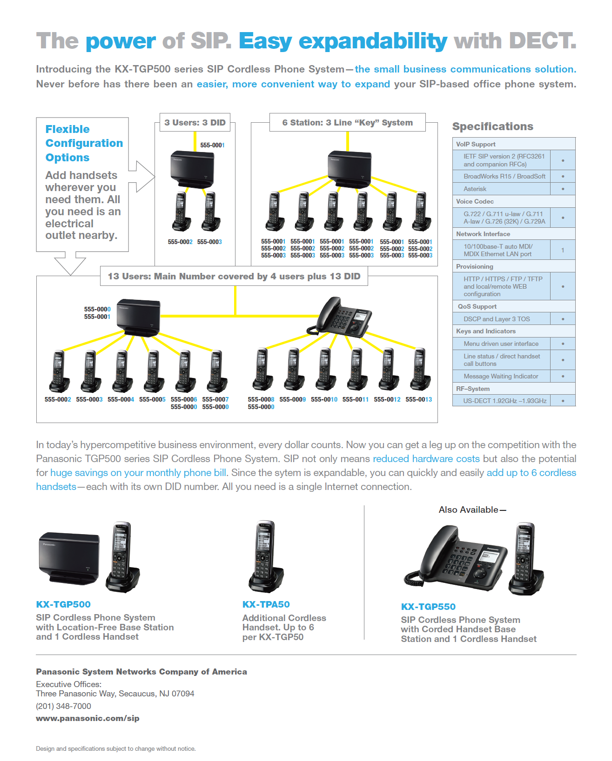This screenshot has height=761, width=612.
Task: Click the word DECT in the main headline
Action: click(543, 41)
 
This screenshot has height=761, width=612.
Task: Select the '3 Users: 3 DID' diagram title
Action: click(195, 123)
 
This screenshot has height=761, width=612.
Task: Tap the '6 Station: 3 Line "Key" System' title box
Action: click(347, 123)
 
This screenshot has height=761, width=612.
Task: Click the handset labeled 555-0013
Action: click(420, 370)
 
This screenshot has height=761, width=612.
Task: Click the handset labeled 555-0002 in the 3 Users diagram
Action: click(180, 212)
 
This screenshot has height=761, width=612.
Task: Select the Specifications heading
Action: click(492, 126)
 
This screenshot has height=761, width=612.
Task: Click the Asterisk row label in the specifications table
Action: click(475, 189)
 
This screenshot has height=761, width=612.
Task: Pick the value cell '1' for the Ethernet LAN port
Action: click(562, 250)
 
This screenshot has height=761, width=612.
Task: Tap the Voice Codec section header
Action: click(475, 201)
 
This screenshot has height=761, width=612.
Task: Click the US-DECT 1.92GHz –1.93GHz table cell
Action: click(504, 401)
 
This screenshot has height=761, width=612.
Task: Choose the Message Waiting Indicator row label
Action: click(501, 376)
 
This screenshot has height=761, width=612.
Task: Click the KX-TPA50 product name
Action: click(266, 604)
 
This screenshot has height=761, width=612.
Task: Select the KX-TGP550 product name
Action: click(428, 607)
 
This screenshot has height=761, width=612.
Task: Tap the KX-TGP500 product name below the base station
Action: click(63, 604)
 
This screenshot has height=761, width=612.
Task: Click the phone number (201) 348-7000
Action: click(63, 706)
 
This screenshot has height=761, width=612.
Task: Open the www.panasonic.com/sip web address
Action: click(87, 718)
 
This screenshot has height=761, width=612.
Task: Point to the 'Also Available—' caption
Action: click(472, 510)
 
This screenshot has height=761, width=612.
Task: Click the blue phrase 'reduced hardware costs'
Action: click(426, 459)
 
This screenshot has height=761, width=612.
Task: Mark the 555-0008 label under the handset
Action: click(261, 399)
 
